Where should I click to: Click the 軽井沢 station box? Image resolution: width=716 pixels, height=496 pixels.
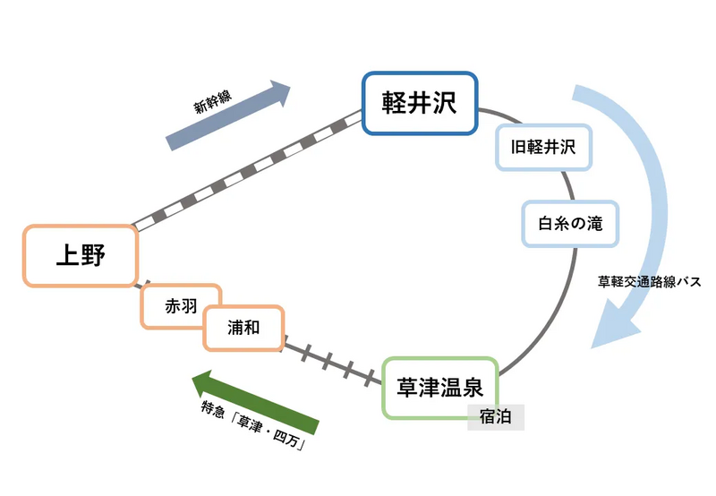[419, 104]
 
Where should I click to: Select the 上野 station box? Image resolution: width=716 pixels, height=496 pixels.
[81, 256]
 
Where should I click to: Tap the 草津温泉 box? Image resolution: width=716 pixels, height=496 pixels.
[439, 388]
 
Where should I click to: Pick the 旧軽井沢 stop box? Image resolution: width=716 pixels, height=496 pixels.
[543, 147]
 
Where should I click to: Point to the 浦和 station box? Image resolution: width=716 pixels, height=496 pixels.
[243, 328]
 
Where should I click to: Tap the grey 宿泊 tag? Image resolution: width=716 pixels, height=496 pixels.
[495, 416]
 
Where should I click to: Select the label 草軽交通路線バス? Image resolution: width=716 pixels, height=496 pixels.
[649, 281]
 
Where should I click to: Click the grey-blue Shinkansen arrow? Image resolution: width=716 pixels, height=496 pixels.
[229, 116]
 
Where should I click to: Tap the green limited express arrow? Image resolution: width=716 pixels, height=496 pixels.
[255, 401]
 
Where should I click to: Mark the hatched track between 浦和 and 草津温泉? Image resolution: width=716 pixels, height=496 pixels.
[331, 362]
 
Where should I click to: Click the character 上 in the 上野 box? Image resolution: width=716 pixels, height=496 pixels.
[67, 256]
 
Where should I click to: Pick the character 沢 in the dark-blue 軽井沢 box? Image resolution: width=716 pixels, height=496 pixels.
[443, 104]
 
